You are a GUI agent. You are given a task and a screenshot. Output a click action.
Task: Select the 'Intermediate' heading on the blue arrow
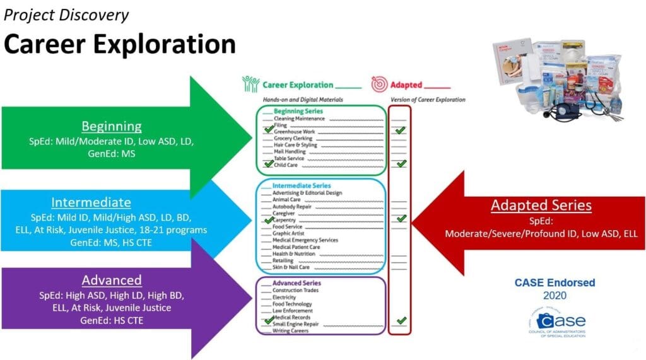pyautogui.click(x=91, y=202)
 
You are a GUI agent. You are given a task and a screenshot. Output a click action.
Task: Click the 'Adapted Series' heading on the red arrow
pyautogui.click(x=541, y=205)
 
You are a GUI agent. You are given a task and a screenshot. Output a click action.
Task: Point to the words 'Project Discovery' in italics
pyautogui.click(x=67, y=15)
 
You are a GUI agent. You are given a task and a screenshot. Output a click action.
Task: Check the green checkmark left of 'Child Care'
pyautogui.click(x=269, y=164)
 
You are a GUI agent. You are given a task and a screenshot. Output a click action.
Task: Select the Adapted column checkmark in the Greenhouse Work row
pyautogui.click(x=400, y=131)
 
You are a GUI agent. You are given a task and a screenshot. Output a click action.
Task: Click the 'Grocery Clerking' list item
pyautogui.click(x=294, y=138)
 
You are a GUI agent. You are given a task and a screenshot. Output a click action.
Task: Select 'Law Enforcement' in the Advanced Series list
pyautogui.click(x=291, y=310)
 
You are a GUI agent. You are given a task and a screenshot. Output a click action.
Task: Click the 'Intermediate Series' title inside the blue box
pyautogui.click(x=301, y=186)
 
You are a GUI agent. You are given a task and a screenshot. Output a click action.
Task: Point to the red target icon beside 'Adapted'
pyautogui.click(x=379, y=84)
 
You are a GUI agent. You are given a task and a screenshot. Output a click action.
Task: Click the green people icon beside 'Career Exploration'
pyautogui.click(x=250, y=84)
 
